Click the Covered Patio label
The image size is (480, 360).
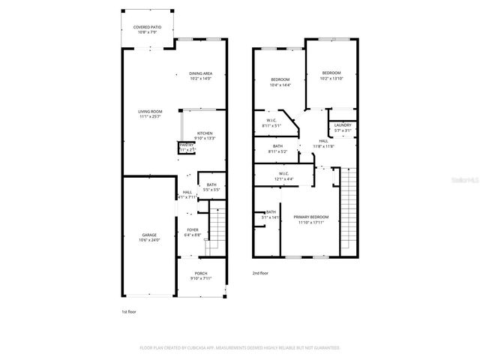[x=148, y=29]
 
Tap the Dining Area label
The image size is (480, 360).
[x=200, y=76]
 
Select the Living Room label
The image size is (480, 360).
[x=151, y=114]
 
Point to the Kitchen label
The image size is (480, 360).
[x=205, y=136]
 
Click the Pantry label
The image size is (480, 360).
[x=186, y=148]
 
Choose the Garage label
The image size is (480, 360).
[x=149, y=237]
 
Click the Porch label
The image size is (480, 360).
[x=200, y=275]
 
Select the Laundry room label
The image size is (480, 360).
[x=342, y=128]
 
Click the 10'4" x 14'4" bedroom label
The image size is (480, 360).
[x=280, y=82]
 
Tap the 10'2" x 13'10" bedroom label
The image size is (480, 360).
[x=331, y=76]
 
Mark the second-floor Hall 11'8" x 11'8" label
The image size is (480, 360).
[x=323, y=143]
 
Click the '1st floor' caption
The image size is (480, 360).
[x=129, y=310]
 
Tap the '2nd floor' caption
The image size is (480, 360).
[x=260, y=274]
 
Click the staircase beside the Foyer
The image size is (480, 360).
[x=216, y=226]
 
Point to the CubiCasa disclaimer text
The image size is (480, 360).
[x=240, y=347]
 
